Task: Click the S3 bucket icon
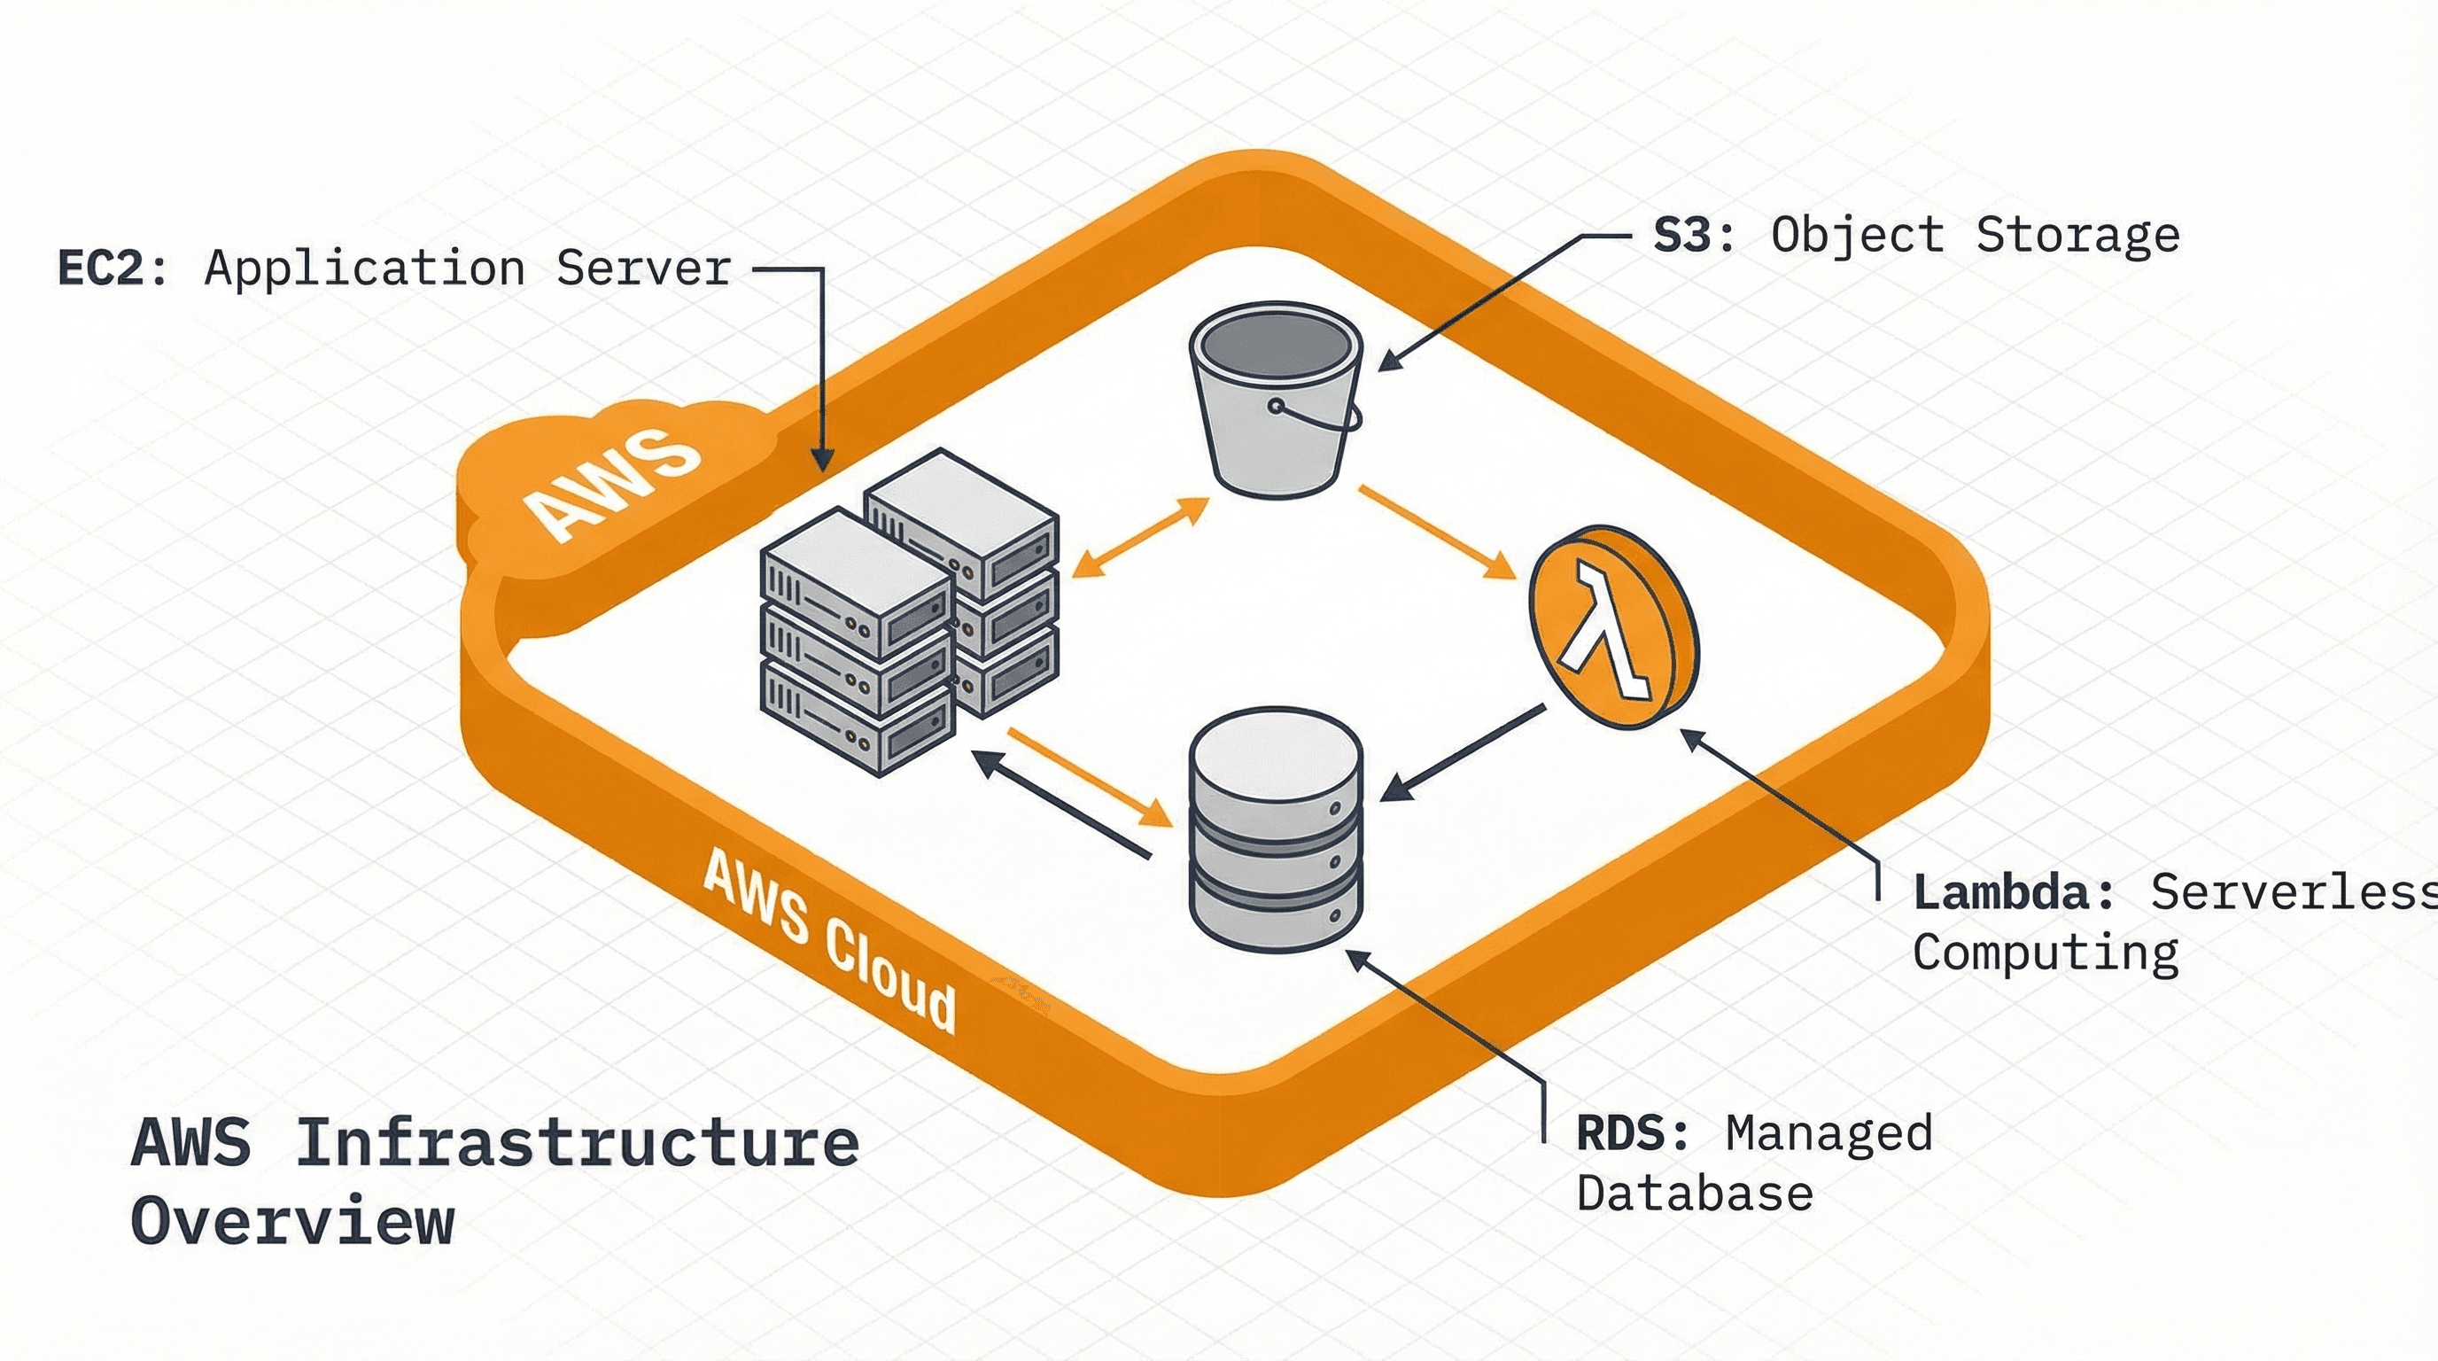[x=1274, y=402]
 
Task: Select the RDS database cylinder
[x=1276, y=828]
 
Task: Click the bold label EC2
[x=99, y=268]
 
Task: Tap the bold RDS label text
[x=1619, y=1133]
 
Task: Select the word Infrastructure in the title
[x=578, y=1143]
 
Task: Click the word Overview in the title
[x=292, y=1222]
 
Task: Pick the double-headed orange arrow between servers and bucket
[x=1140, y=537]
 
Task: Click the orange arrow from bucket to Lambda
[x=1437, y=532]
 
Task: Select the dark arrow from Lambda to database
[x=1463, y=753]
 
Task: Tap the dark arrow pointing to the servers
[x=1060, y=804]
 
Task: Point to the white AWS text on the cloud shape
[x=613, y=485]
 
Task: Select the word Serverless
[x=2290, y=892]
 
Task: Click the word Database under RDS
[x=1694, y=1194]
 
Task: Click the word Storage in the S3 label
[x=2077, y=235]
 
